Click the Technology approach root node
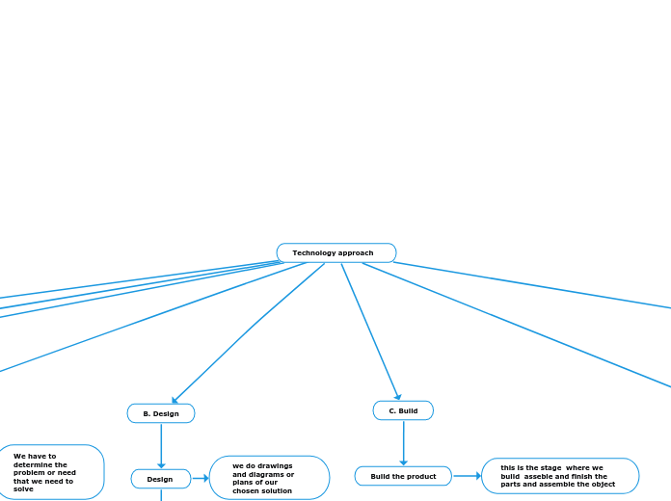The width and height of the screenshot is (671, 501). click(x=335, y=252)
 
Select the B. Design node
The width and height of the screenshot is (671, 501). click(x=161, y=413)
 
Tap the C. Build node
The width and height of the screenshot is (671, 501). click(x=403, y=410)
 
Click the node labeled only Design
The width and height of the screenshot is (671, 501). click(x=160, y=479)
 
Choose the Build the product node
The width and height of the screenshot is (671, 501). click(x=403, y=476)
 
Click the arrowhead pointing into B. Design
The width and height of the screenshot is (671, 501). click(x=175, y=400)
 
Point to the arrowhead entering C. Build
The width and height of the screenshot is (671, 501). click(x=397, y=396)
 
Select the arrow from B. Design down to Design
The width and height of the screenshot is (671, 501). click(x=161, y=445)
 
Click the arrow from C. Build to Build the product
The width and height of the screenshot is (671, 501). click(x=403, y=443)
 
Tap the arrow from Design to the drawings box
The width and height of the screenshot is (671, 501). click(x=201, y=478)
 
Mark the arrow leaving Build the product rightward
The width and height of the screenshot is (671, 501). click(x=467, y=475)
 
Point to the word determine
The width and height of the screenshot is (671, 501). click(x=35, y=464)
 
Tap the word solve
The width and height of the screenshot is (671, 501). click(x=23, y=488)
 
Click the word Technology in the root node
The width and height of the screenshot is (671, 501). click(x=314, y=252)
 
